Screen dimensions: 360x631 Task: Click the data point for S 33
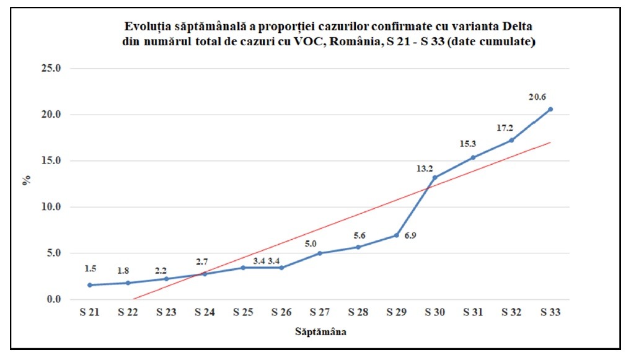pyautogui.click(x=550, y=109)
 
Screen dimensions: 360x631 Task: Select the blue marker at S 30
pyautogui.click(x=435, y=178)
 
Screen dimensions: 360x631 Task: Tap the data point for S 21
pyautogui.click(x=90, y=285)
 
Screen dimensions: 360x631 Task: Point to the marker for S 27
pyautogui.click(x=320, y=253)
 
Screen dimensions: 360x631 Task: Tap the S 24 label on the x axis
pyautogui.click(x=205, y=313)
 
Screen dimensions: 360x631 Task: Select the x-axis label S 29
pyautogui.click(x=397, y=313)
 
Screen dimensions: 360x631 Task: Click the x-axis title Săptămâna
pyautogui.click(x=320, y=333)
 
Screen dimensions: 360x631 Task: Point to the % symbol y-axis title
pyautogui.click(x=27, y=182)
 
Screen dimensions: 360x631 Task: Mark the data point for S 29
pyautogui.click(x=396, y=235)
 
